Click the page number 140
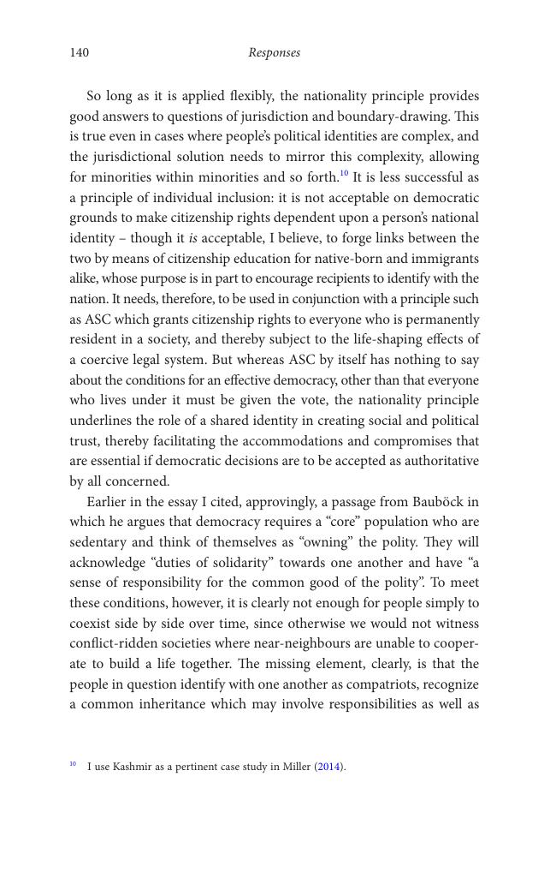pos(79,53)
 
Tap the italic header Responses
pos(274,53)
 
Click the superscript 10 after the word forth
pos(344,174)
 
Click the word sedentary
pos(98,542)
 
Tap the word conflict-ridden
pos(106,644)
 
